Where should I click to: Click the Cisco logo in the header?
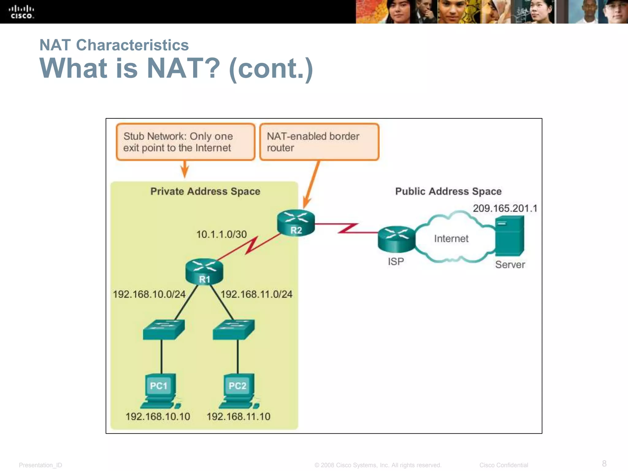[21, 12]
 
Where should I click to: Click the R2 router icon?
[296, 223]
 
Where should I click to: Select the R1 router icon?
[204, 272]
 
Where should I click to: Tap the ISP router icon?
[396, 239]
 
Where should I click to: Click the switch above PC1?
[164, 330]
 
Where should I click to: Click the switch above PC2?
[234, 330]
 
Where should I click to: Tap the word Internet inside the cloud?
[451, 239]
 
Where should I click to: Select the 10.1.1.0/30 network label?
[221, 235]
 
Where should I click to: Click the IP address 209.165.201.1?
[505, 209]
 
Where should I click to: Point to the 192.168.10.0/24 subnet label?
[149, 294]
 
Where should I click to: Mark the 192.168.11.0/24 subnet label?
[256, 294]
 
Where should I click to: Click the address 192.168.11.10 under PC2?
[238, 416]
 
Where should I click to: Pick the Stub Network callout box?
[185, 142]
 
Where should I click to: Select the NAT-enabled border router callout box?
[319, 142]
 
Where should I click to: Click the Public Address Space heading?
[448, 191]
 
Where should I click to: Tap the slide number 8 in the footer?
[604, 463]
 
